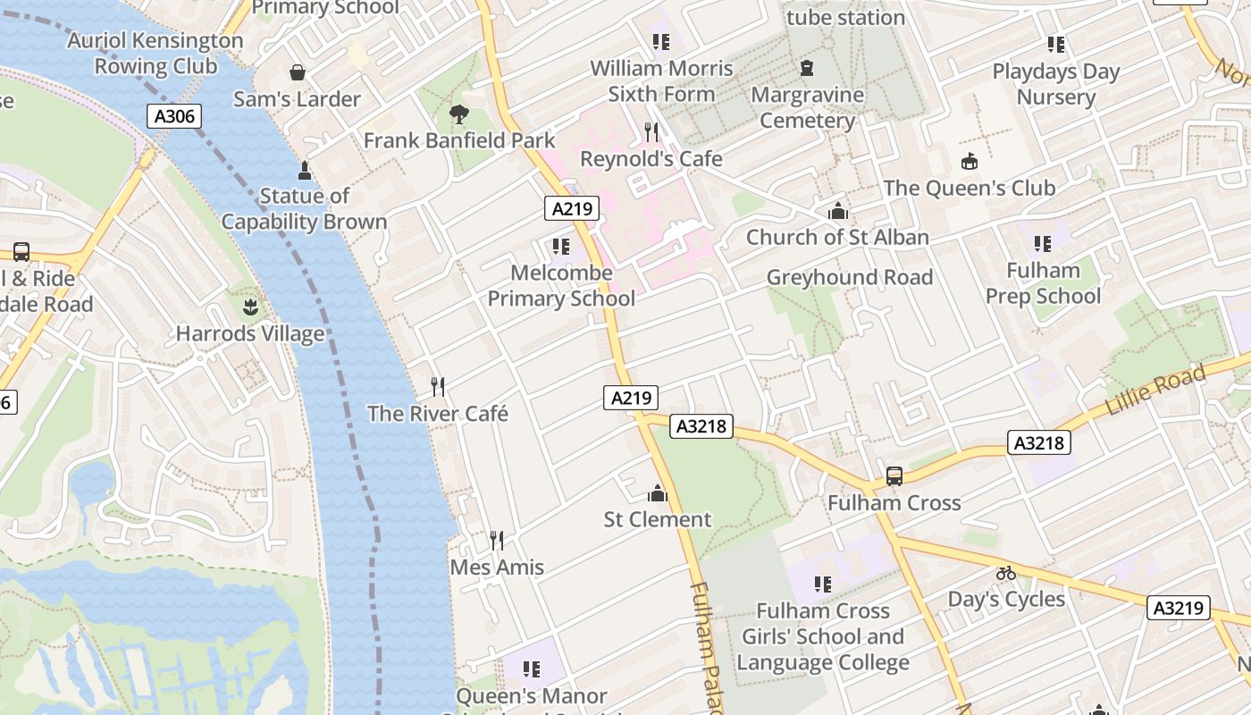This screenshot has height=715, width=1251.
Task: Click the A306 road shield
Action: coord(174,115)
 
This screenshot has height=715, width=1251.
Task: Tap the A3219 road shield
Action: coord(1179,609)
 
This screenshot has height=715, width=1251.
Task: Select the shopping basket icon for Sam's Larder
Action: coord(298,72)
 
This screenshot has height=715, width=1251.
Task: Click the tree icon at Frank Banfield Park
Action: coord(459,114)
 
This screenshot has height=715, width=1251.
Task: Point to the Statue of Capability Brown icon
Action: coord(305,170)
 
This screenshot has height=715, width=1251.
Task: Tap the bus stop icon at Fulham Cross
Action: coord(894,476)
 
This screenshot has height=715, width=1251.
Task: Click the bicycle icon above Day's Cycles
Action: coord(1006,573)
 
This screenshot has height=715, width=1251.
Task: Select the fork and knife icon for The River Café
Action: coord(438,387)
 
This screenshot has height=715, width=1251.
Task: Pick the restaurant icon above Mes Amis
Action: coord(497,541)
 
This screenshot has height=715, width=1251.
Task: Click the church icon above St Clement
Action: coord(658,493)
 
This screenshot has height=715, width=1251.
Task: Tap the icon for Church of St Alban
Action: coord(838,211)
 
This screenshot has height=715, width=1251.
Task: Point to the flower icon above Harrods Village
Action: coord(249,308)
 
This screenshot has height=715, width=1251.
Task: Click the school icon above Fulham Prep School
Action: coord(1043,244)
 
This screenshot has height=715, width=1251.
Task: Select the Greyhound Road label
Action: coord(849,277)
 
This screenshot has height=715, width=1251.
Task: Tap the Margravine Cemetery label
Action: coord(808,107)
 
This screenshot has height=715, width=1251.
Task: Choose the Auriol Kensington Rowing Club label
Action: coord(155,53)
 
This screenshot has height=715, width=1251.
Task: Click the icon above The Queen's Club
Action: coord(970,162)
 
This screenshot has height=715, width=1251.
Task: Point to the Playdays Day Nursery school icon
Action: coord(1056,45)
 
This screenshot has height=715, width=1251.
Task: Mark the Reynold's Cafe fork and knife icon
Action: coord(651,132)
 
